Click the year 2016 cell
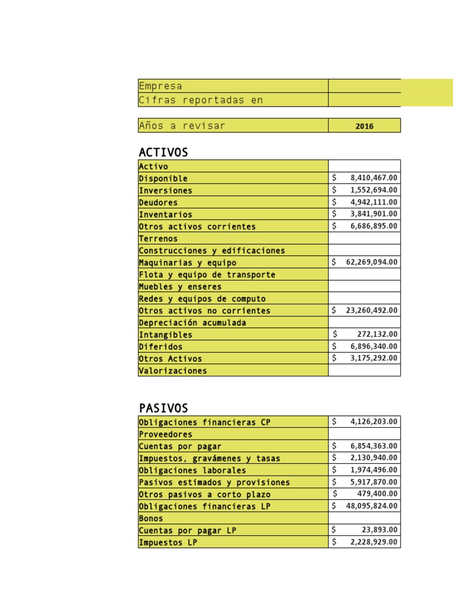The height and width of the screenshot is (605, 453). [364, 126]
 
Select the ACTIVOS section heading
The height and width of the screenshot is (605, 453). [163, 152]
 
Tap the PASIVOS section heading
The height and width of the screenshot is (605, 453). [163, 408]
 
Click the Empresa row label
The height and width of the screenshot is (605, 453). [160, 86]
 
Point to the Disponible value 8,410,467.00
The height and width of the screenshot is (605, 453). [373, 178]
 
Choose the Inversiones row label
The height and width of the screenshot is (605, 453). [165, 191]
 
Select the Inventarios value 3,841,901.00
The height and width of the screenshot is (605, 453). [373, 214]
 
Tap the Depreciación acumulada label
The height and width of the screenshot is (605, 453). [192, 323]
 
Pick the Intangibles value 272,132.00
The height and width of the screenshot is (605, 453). [377, 334]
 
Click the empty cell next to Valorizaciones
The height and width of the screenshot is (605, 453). [364, 370]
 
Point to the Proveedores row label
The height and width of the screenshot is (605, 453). [165, 434]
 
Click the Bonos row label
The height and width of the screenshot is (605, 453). [151, 518]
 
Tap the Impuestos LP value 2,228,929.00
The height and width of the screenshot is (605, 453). [373, 542]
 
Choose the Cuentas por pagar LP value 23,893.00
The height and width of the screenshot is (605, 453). [379, 530]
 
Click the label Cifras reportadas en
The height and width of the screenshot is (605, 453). [201, 100]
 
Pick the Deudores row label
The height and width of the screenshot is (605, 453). [158, 203]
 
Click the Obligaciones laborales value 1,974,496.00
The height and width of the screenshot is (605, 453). [373, 470]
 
